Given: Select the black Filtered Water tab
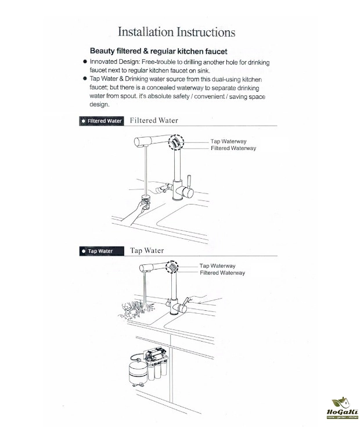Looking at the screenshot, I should tap(101, 121).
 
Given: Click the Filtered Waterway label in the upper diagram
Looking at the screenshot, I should tap(233, 148).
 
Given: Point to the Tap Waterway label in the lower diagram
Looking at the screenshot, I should tap(217, 265).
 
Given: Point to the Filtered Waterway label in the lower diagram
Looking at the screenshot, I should tap(222, 272).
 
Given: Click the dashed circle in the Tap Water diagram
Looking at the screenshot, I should tap(172, 267).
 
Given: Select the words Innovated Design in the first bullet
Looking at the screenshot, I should tap(113, 61).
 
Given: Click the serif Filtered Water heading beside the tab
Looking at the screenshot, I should tap(154, 120).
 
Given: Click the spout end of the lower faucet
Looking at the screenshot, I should tap(143, 269).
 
